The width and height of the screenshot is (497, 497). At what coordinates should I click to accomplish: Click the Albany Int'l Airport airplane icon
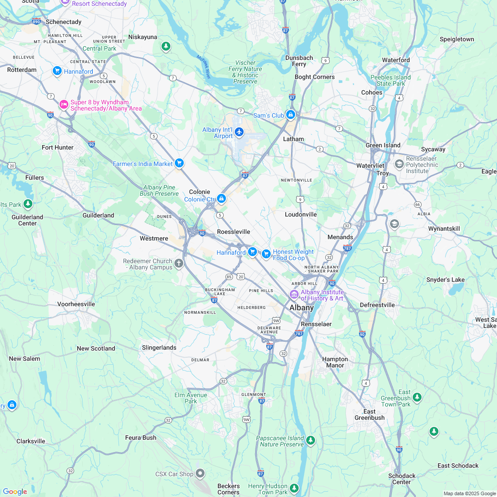(239, 132)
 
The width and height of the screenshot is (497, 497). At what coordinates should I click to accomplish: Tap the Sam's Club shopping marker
(291, 115)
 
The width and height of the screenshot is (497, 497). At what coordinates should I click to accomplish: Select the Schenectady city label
(63, 22)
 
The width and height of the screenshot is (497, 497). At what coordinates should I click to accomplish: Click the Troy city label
(382, 173)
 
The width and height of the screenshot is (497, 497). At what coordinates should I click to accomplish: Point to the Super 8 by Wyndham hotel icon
(63, 105)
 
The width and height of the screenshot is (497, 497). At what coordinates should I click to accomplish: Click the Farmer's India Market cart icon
(179, 163)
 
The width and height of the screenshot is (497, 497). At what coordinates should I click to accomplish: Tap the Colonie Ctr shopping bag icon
(221, 198)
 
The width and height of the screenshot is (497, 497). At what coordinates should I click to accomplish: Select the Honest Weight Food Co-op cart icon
(266, 253)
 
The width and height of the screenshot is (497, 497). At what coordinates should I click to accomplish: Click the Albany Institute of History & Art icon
(294, 294)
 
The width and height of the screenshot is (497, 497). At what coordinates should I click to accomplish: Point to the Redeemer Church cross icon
(179, 264)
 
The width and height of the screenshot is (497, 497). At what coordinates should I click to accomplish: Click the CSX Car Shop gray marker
(200, 473)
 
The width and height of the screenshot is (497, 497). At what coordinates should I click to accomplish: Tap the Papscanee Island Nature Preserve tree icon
(311, 440)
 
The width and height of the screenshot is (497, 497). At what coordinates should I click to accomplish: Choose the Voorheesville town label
(76, 304)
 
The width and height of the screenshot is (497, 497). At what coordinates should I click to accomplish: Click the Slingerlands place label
(159, 347)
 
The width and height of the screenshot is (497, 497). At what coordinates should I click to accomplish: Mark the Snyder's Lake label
(445, 280)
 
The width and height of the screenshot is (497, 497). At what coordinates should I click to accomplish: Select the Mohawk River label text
(204, 67)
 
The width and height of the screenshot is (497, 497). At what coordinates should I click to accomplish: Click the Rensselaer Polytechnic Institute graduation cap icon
(399, 164)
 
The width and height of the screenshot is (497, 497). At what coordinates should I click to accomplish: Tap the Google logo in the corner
(15, 491)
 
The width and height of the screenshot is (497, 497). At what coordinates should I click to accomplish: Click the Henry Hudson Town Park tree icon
(294, 488)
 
